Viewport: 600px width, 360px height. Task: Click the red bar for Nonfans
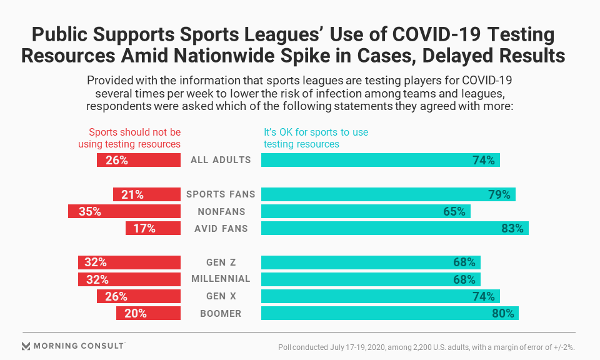pos(124,211)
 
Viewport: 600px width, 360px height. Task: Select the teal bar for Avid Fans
pos(394,228)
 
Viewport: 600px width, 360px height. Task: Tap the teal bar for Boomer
pos(389,313)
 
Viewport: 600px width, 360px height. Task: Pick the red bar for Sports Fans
pos(146,194)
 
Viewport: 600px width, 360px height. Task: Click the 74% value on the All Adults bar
pos(484,160)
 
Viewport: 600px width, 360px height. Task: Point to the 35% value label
pos(90,211)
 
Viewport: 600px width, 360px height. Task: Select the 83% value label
pos(512,228)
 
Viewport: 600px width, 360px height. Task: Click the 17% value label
pos(144,228)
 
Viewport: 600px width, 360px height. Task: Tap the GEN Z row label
pos(221,262)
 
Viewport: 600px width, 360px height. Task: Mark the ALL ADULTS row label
pos(221,160)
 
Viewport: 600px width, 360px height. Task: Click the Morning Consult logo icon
pos(26,346)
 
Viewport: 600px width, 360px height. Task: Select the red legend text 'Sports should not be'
pos(134,132)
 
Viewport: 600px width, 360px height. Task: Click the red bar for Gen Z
pos(129,262)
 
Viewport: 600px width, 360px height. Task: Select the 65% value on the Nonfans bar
pos(454,211)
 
